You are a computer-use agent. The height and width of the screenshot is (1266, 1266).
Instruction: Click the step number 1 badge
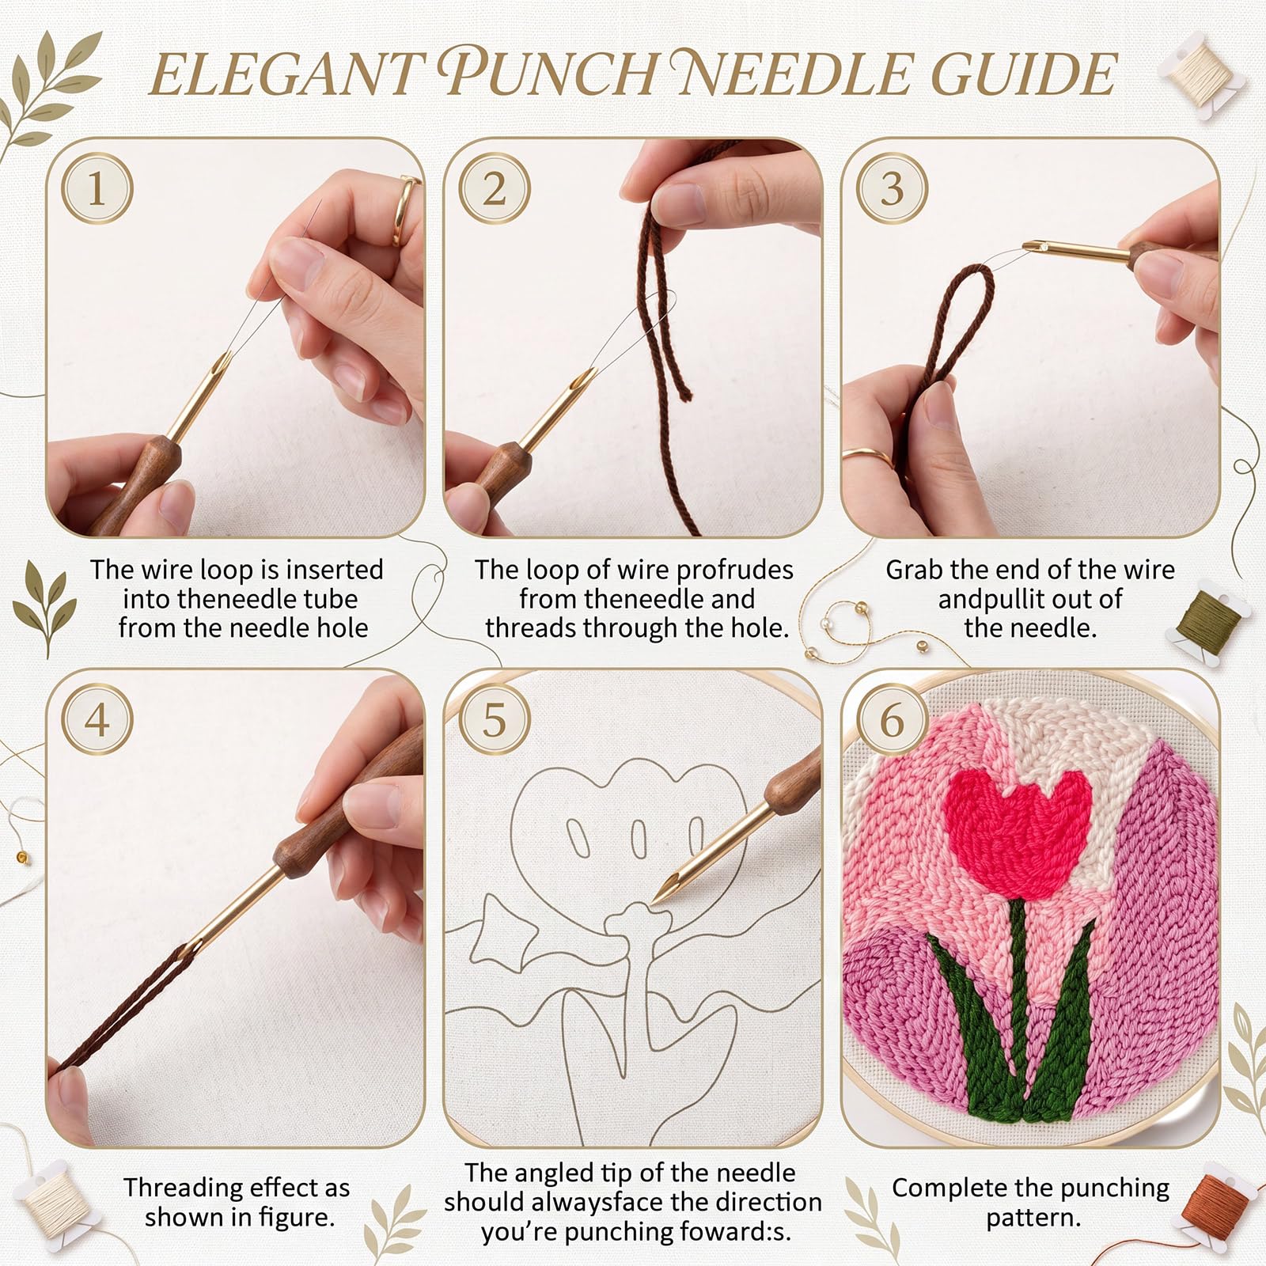coord(97,189)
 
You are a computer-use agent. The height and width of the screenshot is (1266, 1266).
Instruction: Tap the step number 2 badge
coord(495,189)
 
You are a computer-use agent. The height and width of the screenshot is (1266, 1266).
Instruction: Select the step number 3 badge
coord(892,189)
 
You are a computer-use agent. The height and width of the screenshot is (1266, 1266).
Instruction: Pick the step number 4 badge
coord(97,720)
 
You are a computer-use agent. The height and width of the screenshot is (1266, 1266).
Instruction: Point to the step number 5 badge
coord(495,720)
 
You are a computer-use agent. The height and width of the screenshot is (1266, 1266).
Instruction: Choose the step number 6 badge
coord(892,720)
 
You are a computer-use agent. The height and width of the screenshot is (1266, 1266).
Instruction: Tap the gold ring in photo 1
coord(405,210)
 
